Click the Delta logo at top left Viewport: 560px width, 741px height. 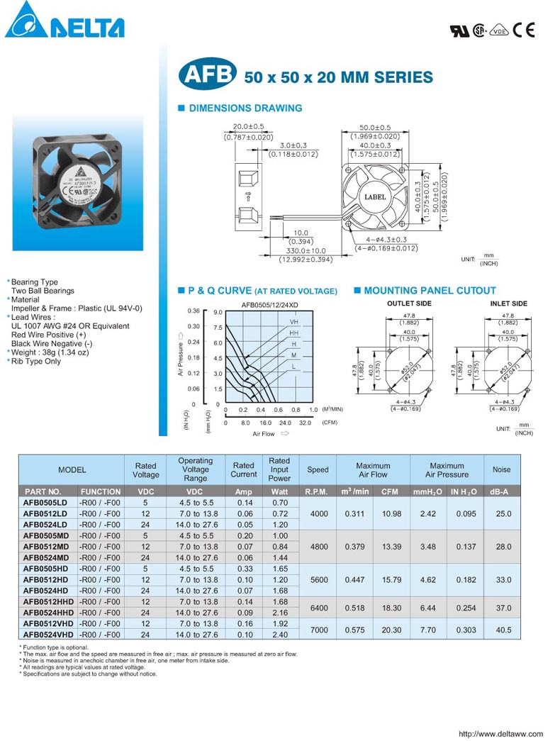65,21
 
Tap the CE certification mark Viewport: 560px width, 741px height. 524,30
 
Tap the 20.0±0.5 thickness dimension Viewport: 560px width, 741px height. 248,127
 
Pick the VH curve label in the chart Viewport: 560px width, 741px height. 293,322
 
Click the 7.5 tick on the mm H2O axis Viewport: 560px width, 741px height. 218,328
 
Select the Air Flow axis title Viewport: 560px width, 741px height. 263,433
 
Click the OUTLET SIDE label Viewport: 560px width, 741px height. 409,303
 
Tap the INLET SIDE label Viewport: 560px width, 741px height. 508,303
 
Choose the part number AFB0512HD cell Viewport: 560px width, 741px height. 46,579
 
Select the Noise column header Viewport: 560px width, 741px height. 501,469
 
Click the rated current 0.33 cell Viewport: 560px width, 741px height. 244,569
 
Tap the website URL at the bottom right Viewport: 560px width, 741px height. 500,734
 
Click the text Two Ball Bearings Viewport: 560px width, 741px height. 43,291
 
